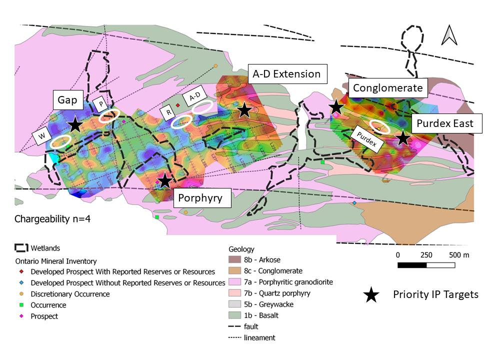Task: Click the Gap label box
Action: point(67,100)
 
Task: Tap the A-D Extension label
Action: point(286,74)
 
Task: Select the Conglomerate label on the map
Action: point(388,88)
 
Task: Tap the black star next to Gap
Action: point(74,125)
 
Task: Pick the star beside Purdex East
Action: point(402,138)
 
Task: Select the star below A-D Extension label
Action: point(244,110)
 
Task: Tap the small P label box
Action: point(100,104)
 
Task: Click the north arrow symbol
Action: point(448,35)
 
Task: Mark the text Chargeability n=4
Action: point(48,219)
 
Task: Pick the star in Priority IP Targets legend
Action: point(370,295)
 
